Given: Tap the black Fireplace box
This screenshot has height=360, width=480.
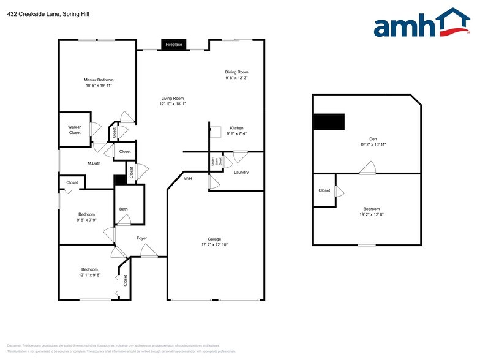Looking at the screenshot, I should (174, 45).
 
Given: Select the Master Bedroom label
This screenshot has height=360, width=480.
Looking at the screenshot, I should (99, 80).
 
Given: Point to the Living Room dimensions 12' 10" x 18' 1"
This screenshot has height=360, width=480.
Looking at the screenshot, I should (173, 104).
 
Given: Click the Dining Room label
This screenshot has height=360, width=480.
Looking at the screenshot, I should (236, 72).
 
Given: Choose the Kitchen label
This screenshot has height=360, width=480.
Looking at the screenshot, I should (236, 128).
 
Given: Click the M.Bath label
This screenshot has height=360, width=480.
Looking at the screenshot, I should (94, 163).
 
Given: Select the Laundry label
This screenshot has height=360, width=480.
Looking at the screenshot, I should (241, 172).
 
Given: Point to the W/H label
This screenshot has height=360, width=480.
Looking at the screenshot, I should (188, 178).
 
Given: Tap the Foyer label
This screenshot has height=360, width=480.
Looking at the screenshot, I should (141, 238).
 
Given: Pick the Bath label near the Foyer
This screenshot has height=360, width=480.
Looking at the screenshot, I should (124, 209).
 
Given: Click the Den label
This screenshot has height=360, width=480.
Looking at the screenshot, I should (373, 138).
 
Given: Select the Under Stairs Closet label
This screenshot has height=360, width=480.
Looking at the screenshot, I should (213, 162).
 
